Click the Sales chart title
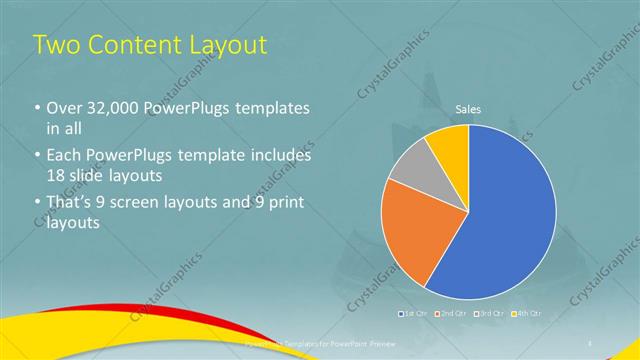pyautogui.click(x=469, y=108)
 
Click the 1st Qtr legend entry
pyautogui.click(x=415, y=314)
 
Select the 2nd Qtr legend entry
pyautogui.click(x=451, y=314)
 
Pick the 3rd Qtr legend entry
pyautogui.click(x=488, y=314)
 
